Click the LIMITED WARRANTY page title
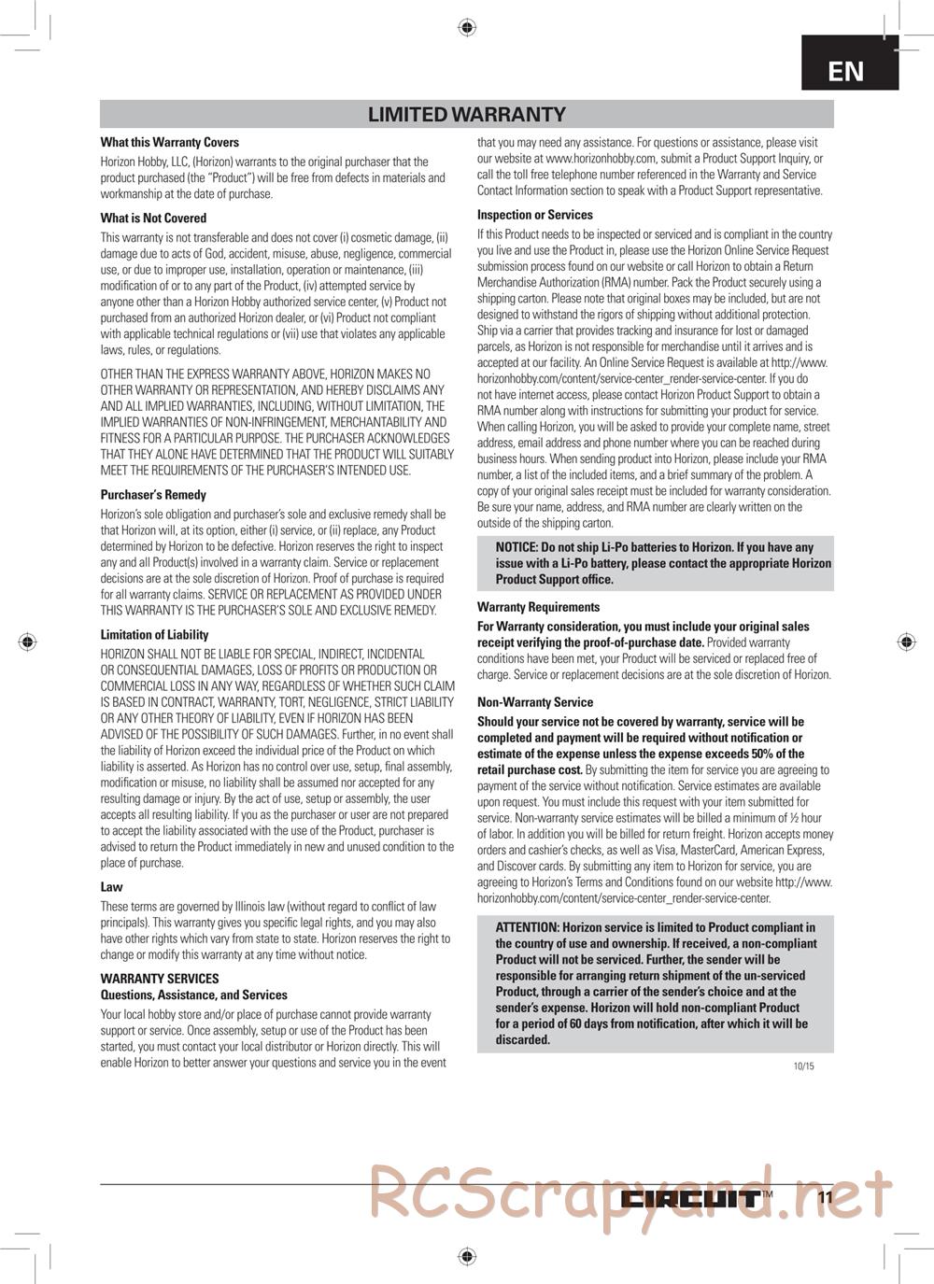[x=466, y=115]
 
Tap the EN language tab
[x=846, y=71]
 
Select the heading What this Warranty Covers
[x=169, y=143]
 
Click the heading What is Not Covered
[x=153, y=219]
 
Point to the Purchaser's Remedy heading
[x=153, y=495]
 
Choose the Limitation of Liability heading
[x=154, y=635]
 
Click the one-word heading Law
[x=111, y=887]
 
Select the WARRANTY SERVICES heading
[x=160, y=979]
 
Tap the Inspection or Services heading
[x=534, y=215]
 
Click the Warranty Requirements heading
[x=538, y=607]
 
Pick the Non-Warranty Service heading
[x=534, y=702]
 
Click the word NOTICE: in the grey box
[x=517, y=547]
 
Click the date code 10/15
[x=803, y=1066]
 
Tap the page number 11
[x=825, y=1199]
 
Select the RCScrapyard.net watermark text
[x=630, y=1195]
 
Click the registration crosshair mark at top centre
[x=467, y=28]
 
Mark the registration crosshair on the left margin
[x=28, y=642]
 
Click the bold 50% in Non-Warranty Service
[x=764, y=754]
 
